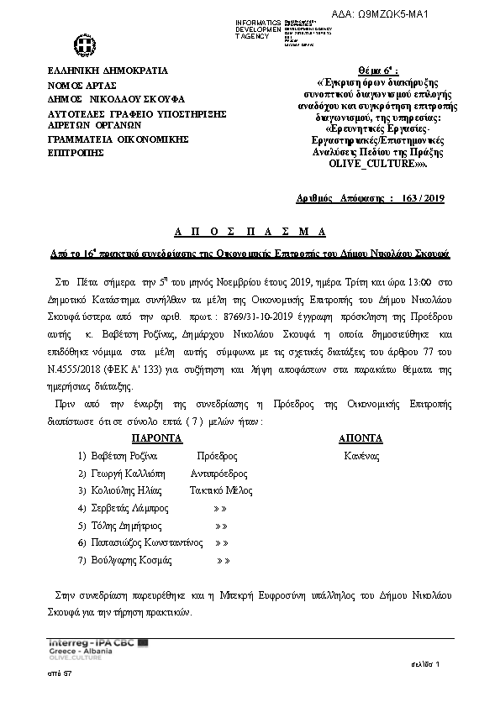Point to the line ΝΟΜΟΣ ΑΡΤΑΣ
coord(82,86)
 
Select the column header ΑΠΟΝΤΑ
coord(361,438)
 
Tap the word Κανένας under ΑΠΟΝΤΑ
coord(361,456)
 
